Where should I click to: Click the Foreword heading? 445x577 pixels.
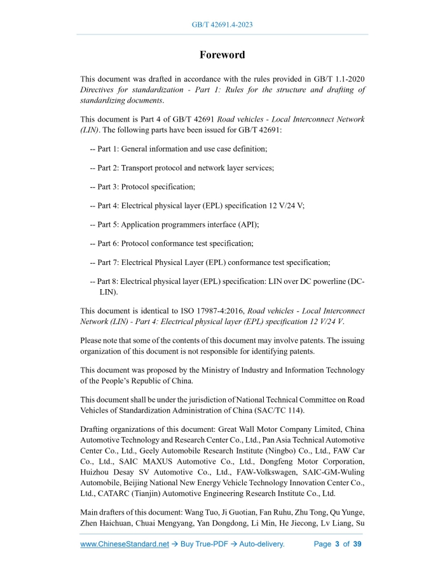(x=222, y=55)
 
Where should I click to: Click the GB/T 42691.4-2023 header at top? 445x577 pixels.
(x=222, y=25)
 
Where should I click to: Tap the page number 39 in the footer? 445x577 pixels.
(x=357, y=545)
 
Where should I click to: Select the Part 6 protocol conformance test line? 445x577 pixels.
(x=172, y=243)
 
